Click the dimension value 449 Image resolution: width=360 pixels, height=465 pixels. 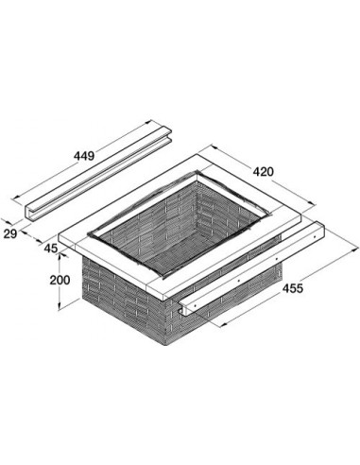click(x=84, y=156)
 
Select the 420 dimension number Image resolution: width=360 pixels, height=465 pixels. click(x=264, y=172)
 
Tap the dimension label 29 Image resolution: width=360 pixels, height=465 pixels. click(x=9, y=234)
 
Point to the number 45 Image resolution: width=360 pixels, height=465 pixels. click(x=51, y=249)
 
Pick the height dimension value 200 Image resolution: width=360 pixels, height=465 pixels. click(x=60, y=280)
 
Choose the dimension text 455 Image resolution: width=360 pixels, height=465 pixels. click(x=293, y=288)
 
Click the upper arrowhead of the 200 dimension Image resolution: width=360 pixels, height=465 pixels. click(x=60, y=258)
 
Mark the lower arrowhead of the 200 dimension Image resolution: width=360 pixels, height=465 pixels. click(x=60, y=306)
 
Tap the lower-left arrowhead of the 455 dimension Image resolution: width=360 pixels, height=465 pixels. click(x=223, y=325)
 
